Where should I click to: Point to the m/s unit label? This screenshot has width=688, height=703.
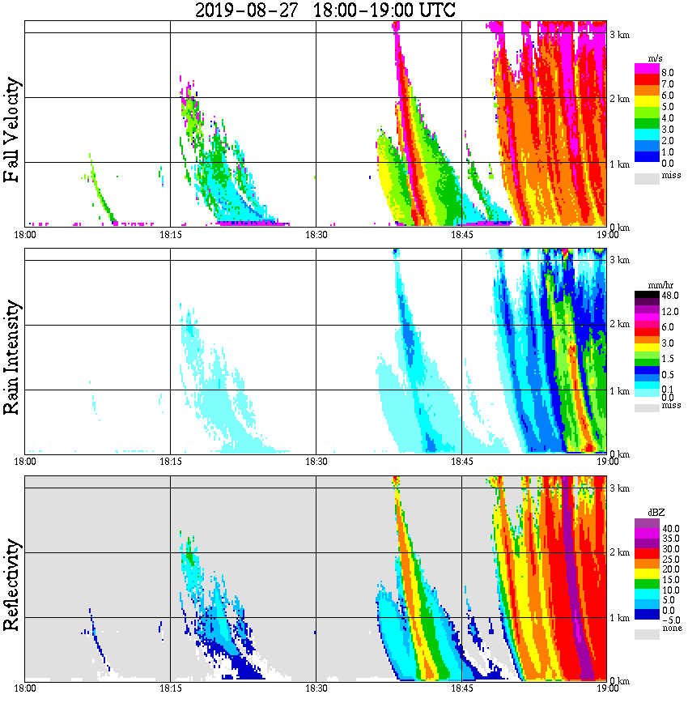pos(656,59)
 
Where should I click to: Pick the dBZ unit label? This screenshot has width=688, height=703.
pos(656,512)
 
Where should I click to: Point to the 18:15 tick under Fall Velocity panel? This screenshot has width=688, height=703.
pos(170,235)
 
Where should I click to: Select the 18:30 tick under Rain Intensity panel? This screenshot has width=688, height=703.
pos(316,462)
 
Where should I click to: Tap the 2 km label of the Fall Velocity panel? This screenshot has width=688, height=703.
pos(619,99)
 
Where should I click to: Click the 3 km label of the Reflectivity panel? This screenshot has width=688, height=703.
pos(619,488)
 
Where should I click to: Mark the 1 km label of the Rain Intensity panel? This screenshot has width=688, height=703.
pos(619,391)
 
